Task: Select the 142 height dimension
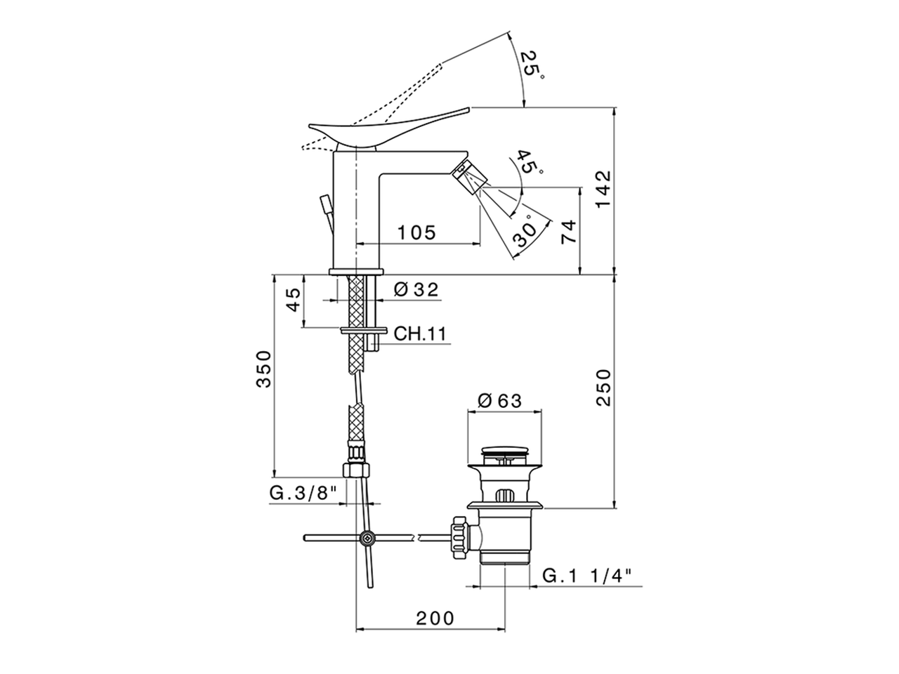coord(603,189)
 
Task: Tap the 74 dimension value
coord(568,231)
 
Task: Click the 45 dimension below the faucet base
coord(294,300)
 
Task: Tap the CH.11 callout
coord(420,333)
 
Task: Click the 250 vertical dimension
coord(603,388)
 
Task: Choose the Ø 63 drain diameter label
coord(499,400)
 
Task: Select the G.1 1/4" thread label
coord(587,576)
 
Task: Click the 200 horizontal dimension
coord(434,618)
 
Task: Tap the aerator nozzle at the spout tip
coord(469,175)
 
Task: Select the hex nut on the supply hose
coord(356,470)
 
